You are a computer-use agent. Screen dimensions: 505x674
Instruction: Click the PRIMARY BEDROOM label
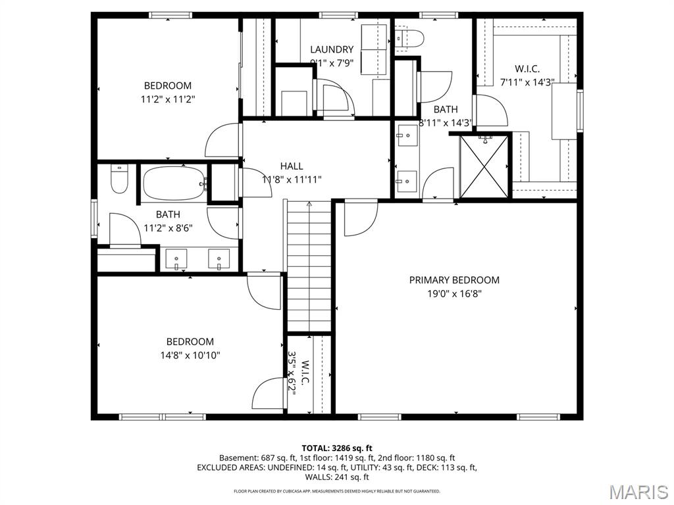[454, 280]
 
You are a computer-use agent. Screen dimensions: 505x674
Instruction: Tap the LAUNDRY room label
[332, 49]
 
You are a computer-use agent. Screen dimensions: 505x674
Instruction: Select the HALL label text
[292, 166]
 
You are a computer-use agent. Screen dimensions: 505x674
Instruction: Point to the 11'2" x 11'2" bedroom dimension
[168, 99]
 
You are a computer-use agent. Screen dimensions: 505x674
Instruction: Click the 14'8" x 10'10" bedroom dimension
[190, 355]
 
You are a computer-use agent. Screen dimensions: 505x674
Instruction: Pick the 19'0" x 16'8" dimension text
[454, 294]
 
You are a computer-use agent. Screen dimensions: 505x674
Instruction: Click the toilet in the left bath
[118, 179]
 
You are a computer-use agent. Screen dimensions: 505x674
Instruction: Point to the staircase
[309, 266]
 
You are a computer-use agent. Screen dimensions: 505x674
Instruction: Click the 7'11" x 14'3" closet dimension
[527, 82]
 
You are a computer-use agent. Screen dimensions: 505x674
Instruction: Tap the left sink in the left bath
[177, 259]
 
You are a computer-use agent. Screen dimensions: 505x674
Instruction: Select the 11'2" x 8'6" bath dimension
[168, 228]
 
